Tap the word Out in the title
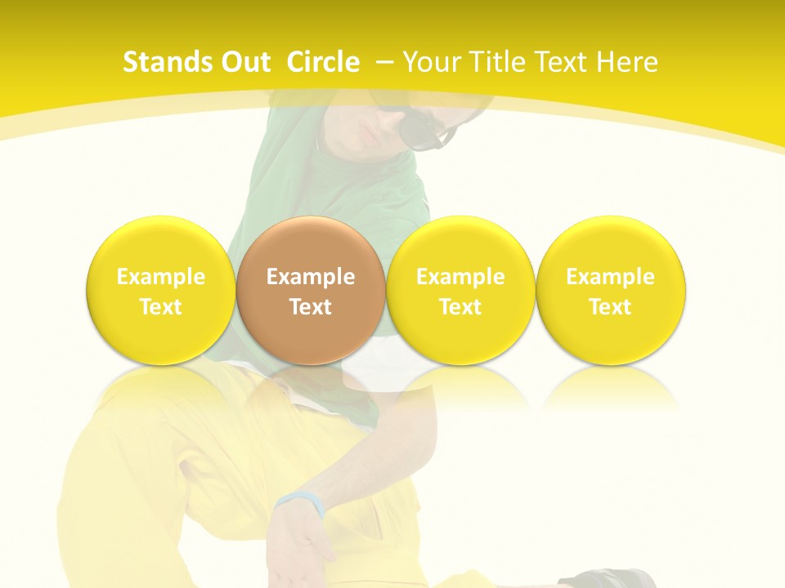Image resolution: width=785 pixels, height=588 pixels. (242, 62)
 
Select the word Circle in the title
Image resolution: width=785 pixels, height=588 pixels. (323, 62)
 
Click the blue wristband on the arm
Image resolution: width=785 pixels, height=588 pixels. (299, 500)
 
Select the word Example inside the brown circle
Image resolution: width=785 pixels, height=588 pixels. (311, 277)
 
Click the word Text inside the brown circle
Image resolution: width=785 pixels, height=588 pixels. (311, 307)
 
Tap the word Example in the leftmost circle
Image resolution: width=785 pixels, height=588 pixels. (161, 277)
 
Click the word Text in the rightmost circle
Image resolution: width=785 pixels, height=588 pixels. (611, 307)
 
